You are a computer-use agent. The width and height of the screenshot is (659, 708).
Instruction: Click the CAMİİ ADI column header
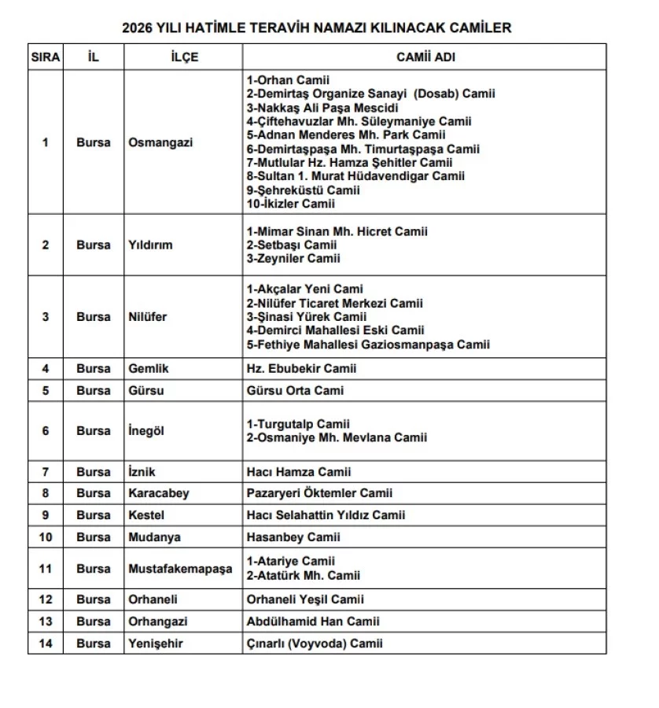(425, 57)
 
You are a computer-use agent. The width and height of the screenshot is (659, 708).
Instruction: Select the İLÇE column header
(183, 57)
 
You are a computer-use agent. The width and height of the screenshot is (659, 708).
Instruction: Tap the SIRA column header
(45, 57)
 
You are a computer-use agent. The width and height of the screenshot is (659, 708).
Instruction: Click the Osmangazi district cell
(160, 142)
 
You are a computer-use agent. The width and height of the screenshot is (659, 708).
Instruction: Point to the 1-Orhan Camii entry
(288, 80)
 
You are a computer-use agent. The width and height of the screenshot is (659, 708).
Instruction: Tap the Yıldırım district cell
(150, 245)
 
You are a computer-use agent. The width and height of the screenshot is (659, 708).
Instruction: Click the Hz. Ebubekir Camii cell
(302, 368)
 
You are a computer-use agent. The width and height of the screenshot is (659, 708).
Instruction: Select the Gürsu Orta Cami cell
(296, 390)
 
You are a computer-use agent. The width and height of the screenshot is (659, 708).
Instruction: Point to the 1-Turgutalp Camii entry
(298, 424)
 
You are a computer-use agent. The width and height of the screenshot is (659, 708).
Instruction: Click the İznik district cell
(142, 472)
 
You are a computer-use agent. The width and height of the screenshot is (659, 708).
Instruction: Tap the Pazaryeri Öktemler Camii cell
(320, 493)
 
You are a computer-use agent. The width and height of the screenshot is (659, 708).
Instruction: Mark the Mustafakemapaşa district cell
(180, 568)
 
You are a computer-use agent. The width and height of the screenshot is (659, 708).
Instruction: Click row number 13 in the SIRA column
(45, 621)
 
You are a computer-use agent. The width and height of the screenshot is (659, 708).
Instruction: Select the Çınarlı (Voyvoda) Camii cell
(315, 643)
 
